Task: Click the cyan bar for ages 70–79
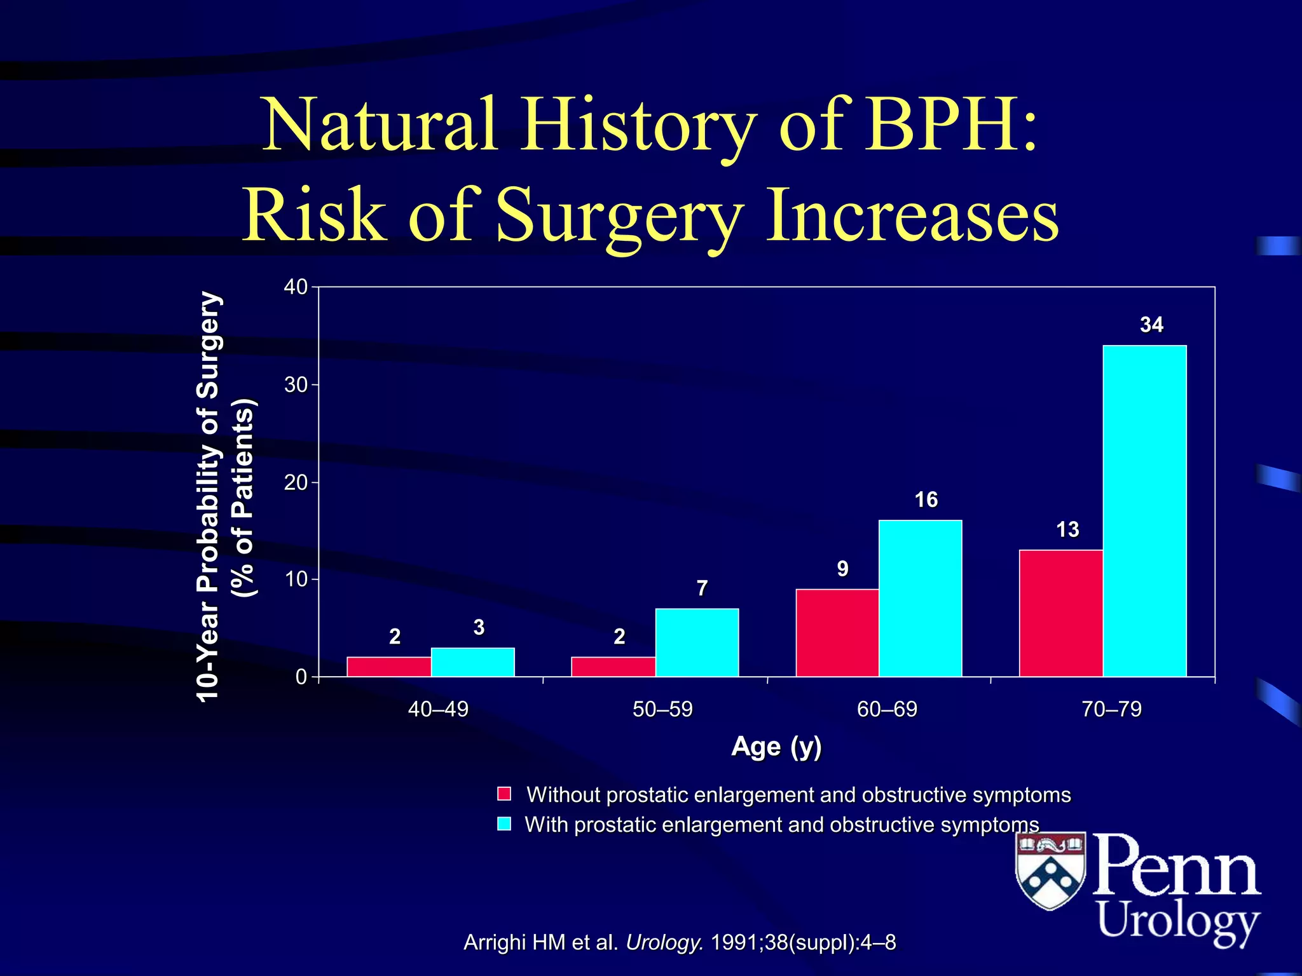[1144, 511]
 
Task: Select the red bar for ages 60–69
[837, 633]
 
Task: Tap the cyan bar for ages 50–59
[697, 642]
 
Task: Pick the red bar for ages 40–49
[389, 667]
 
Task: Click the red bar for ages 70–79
[1061, 613]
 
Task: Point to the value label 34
[1151, 325]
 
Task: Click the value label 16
[926, 500]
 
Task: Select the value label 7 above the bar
[702, 588]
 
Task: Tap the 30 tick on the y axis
[296, 385]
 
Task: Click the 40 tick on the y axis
[296, 287]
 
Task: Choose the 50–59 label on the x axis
[662, 709]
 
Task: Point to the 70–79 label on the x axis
[1111, 709]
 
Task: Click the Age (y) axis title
[776, 747]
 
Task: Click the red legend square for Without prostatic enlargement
[504, 794]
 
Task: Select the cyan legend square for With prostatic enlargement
[504, 824]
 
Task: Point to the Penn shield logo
[1050, 870]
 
